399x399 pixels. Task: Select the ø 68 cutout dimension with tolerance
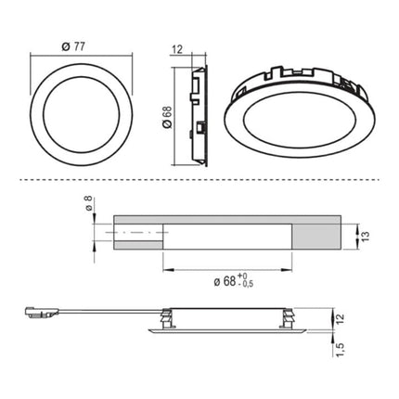point(223,281)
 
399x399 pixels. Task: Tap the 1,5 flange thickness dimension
point(341,350)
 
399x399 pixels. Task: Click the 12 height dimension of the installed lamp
point(341,318)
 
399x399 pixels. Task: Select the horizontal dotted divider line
point(199,177)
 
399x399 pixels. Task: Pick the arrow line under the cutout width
point(226,268)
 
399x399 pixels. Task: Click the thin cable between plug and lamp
point(102,313)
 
